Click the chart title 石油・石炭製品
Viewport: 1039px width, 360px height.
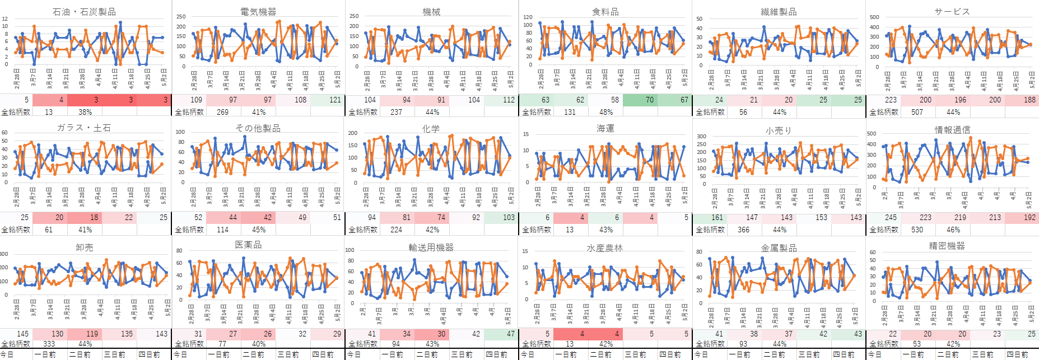coord(84,12)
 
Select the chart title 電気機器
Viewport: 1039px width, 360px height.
coord(258,12)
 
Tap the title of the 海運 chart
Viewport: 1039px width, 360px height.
coord(605,129)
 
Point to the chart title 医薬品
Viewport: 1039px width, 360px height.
coord(248,245)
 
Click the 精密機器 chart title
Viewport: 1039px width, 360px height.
coord(947,246)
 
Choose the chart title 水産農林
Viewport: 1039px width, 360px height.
coord(604,248)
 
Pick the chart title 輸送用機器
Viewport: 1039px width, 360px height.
coord(431,247)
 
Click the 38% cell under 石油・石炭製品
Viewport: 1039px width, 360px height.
coord(85,112)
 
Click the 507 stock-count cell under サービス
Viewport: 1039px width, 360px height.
coord(917,112)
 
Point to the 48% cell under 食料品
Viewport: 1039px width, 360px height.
coord(606,112)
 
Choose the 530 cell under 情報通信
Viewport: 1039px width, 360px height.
coord(917,230)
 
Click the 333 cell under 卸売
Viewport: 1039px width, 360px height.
coord(49,344)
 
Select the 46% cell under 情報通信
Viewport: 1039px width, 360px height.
coord(953,230)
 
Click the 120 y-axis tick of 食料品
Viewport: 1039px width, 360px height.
coord(528,17)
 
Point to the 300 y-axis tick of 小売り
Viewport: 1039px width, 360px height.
coord(701,136)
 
